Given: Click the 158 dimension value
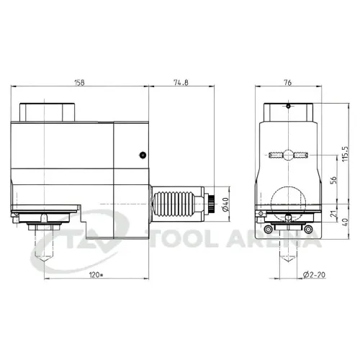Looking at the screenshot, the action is tap(79, 83).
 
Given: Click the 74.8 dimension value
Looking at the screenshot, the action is tap(181, 82).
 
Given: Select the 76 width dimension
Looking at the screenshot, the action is tap(287, 83).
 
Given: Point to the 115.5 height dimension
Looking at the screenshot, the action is tap(345, 153).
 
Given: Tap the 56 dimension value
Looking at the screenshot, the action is tap(333, 180).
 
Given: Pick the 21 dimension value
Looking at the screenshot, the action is tap(333, 213).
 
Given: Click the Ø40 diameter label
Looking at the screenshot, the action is tap(225, 204).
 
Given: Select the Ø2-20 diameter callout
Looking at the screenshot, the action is tap(314, 274).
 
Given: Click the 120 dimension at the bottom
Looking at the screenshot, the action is tap(96, 275).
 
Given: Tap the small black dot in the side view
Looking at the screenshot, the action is tap(143, 155).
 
